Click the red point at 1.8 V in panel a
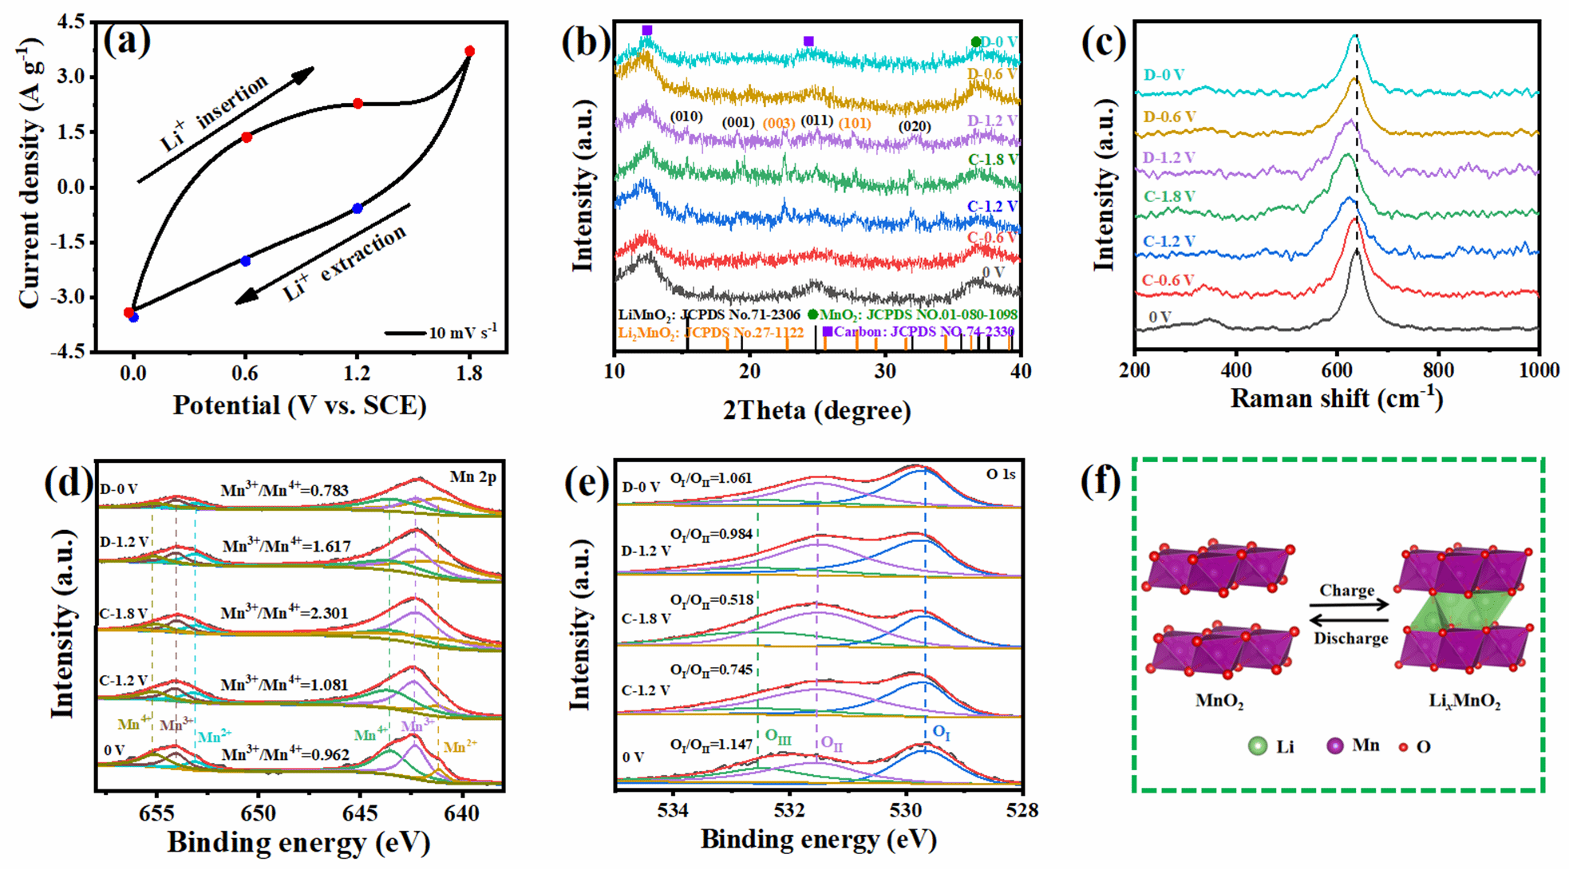(x=469, y=51)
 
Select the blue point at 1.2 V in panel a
(x=358, y=208)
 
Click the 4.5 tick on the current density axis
(x=70, y=22)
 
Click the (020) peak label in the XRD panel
(x=915, y=126)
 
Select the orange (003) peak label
(x=778, y=124)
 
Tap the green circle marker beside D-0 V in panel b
(x=975, y=42)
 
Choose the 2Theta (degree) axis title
(x=816, y=410)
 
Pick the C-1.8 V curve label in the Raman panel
(x=1169, y=196)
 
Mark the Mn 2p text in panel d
(x=472, y=477)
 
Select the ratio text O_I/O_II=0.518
(x=711, y=599)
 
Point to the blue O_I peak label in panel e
(x=942, y=731)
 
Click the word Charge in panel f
(x=1346, y=591)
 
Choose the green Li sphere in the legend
(x=1258, y=746)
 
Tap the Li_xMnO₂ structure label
(x=1464, y=702)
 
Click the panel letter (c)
(x=1103, y=42)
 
